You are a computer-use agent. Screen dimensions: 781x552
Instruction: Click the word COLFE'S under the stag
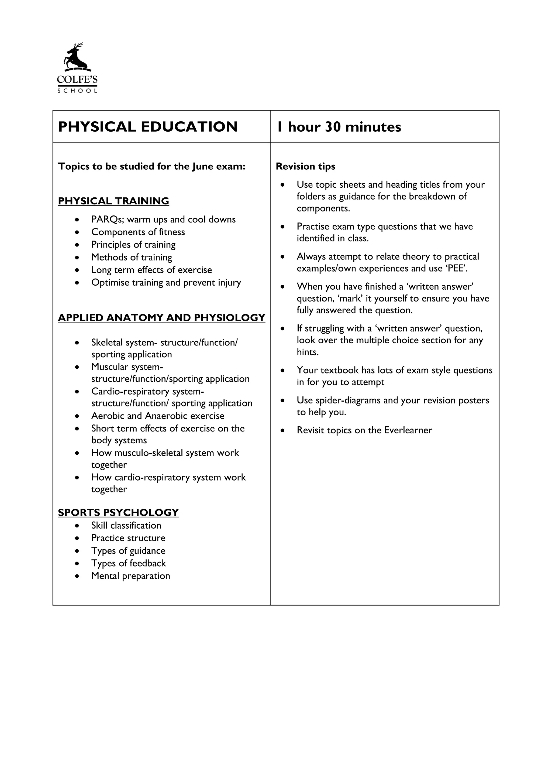point(77,80)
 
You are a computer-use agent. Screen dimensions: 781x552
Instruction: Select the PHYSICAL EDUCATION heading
point(148,127)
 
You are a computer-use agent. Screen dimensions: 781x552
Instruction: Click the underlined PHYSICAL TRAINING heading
point(113,201)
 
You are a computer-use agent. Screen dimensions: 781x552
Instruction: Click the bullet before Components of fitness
point(78,232)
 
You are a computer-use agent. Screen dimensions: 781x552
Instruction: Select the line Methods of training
point(132,258)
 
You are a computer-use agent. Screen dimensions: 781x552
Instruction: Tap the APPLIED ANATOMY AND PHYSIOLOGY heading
point(161,318)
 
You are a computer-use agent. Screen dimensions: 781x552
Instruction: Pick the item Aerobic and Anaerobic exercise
point(158,416)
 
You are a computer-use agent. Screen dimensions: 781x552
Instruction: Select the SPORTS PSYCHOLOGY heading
point(118,513)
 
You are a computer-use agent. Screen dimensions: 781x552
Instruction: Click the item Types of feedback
point(129,563)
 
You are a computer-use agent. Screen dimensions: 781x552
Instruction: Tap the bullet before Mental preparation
point(78,576)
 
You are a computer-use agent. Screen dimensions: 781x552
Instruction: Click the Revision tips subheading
point(305,166)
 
